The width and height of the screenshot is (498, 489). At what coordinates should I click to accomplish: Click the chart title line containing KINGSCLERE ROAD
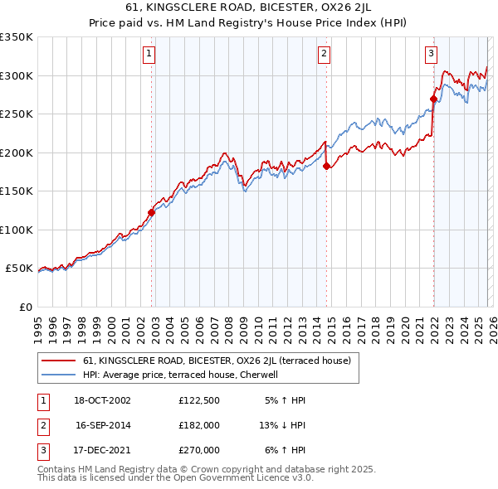tap(249, 9)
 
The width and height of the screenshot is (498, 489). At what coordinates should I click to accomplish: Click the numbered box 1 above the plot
tap(149, 55)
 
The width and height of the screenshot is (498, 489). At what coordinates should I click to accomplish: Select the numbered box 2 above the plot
tap(324, 55)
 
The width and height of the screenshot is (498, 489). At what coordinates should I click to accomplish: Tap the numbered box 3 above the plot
tap(432, 55)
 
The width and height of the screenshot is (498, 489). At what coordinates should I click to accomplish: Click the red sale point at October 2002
tap(152, 212)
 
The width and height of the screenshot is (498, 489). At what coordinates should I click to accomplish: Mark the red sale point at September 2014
tap(326, 166)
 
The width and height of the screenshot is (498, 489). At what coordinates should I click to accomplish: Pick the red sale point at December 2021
tap(433, 99)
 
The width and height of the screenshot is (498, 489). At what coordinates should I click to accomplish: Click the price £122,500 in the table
tap(199, 400)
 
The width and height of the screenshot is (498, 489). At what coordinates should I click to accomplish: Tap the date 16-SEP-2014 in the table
tap(103, 425)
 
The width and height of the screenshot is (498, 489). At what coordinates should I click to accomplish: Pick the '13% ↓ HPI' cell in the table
tap(282, 425)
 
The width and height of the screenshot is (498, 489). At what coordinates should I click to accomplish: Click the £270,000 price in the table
tap(199, 450)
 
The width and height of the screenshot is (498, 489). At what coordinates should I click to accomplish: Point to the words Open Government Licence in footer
tap(249, 478)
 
